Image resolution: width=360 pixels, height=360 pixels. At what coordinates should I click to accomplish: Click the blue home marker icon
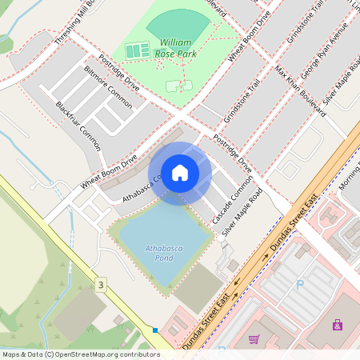pyautogui.click(x=180, y=172)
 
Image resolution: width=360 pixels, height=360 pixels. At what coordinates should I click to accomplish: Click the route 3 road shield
pyautogui.click(x=100, y=284)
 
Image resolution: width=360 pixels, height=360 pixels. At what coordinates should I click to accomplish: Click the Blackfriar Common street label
pyautogui.click(x=78, y=126)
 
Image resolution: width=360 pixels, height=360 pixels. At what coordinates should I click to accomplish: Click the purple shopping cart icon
pyautogui.click(x=254, y=339)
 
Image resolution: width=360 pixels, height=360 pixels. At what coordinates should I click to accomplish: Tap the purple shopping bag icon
pyautogui.click(x=337, y=325)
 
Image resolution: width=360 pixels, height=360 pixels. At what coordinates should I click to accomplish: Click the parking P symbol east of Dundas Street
pyautogui.click(x=300, y=283)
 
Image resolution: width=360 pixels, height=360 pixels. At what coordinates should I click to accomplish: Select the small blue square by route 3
pyautogui.click(x=155, y=330)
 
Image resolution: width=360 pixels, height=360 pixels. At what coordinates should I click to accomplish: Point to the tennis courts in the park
pyautogui.click(x=138, y=50)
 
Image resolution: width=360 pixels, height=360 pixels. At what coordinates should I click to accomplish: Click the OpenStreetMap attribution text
pyautogui.click(x=80, y=354)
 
